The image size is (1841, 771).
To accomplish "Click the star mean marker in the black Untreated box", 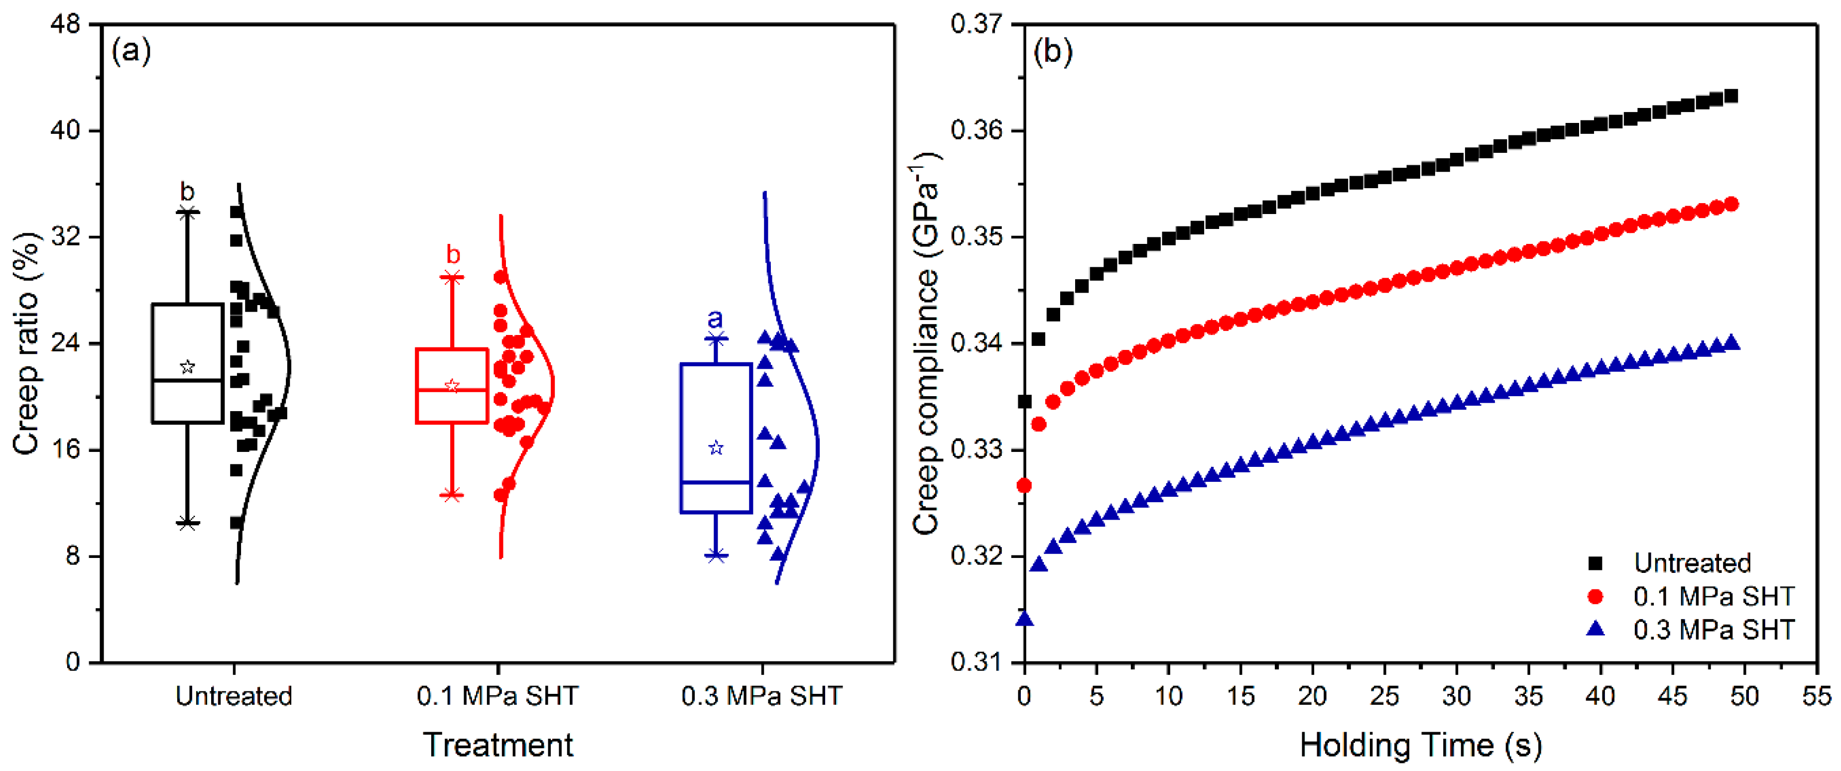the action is [187, 366].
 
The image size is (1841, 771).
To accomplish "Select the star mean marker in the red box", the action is [452, 386].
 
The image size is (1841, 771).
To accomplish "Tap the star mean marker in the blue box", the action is [716, 448].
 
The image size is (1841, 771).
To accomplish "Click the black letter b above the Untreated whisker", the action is [187, 192].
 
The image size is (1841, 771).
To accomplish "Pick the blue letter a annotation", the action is [715, 319].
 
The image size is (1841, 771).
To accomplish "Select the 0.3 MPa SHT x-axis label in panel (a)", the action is [762, 695].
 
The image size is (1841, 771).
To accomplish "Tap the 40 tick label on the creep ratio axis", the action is [65, 131].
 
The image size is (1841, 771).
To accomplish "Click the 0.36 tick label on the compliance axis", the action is [977, 131].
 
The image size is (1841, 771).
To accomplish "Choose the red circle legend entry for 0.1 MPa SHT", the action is [1595, 596].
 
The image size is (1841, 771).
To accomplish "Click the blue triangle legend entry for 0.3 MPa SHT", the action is [1595, 629].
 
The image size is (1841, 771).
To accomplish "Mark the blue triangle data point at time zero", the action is [1025, 618].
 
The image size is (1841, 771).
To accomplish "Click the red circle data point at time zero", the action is [1024, 486].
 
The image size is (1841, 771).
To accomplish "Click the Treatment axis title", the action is [498, 745].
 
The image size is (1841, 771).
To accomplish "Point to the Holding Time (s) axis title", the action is [1421, 745].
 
